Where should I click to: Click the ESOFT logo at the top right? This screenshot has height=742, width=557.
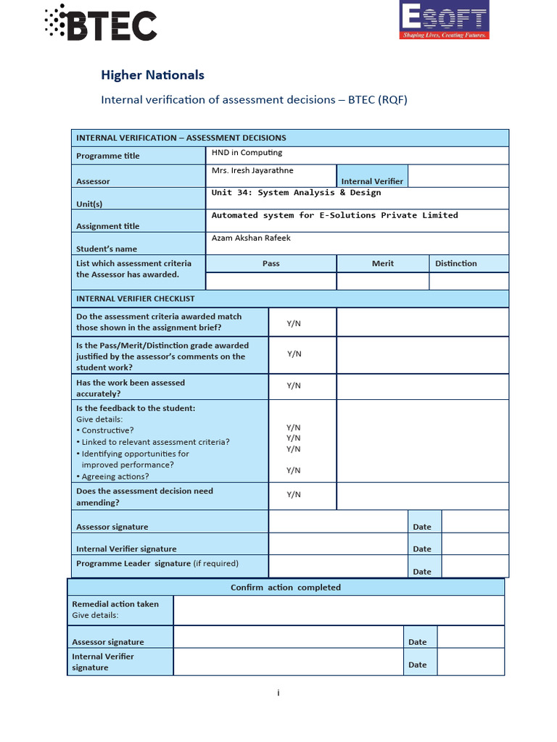445,20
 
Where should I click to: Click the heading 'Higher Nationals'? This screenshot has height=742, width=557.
152,75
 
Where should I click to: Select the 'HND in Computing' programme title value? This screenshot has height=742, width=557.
247,153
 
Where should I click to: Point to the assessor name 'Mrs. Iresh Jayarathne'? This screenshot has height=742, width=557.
252,171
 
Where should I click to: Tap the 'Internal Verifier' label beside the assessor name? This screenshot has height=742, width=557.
372,181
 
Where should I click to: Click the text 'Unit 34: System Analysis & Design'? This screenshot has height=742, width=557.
296,193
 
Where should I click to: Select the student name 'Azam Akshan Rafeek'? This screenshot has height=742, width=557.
251,238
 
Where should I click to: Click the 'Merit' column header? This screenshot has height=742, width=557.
382,264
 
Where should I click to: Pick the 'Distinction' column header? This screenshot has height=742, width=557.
455,264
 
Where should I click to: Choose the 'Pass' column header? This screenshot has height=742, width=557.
271,264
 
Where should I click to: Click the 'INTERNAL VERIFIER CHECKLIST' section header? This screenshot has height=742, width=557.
136,299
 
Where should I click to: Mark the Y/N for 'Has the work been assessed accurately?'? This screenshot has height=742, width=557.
294,386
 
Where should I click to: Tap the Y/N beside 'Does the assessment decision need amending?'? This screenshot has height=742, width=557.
294,495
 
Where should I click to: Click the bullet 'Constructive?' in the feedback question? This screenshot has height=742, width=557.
107,430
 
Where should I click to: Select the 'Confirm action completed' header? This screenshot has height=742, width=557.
285,588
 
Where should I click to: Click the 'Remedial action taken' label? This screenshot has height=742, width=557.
115,604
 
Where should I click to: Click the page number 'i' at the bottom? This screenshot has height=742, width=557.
278,693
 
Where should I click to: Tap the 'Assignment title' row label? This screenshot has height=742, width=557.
108,226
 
